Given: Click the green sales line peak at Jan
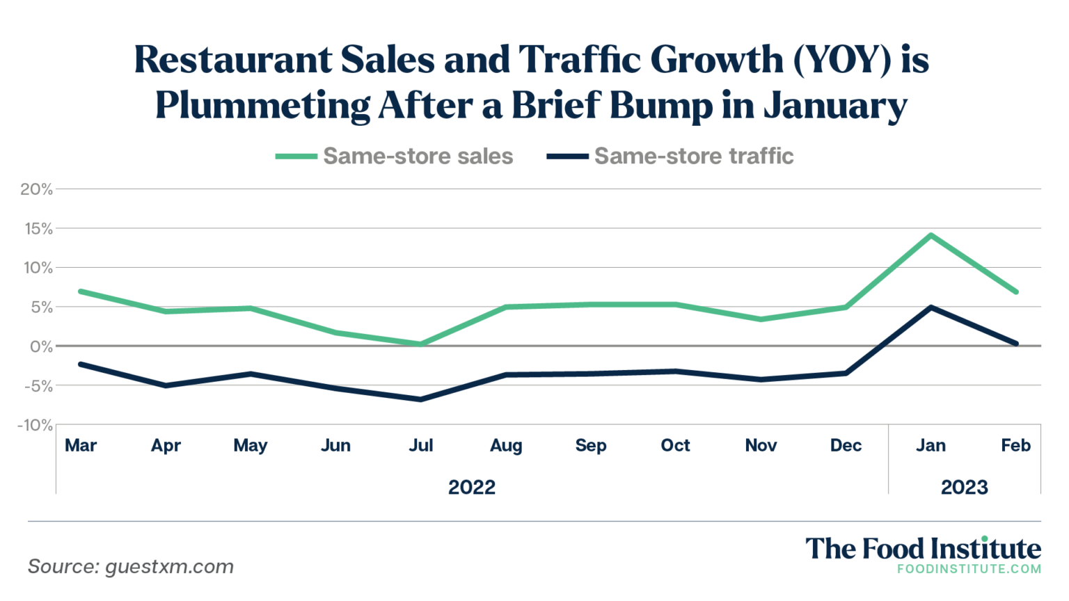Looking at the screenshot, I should click(931, 235).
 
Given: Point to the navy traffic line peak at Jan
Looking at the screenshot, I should click(931, 307).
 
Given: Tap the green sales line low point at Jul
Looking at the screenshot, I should click(421, 344).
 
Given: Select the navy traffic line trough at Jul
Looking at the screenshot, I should click(421, 399).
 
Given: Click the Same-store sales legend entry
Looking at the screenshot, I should click(395, 156).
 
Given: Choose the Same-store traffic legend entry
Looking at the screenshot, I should click(670, 156).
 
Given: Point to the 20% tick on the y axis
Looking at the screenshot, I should click(36, 189).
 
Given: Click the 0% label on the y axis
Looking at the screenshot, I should click(40, 346).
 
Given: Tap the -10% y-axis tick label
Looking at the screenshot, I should click(35, 425).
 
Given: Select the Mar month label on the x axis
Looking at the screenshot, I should click(81, 445).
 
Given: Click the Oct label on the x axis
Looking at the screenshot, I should click(675, 445).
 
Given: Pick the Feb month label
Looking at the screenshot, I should click(1015, 445).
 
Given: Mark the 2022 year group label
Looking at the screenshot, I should click(472, 487).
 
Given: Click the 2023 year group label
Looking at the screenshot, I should click(964, 487).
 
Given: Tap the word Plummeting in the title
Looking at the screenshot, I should click(262, 106).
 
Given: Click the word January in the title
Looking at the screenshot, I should click(835, 106).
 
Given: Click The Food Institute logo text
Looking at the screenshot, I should click(923, 549).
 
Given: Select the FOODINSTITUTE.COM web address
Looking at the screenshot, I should click(969, 569).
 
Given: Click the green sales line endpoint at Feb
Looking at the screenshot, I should click(1016, 291).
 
